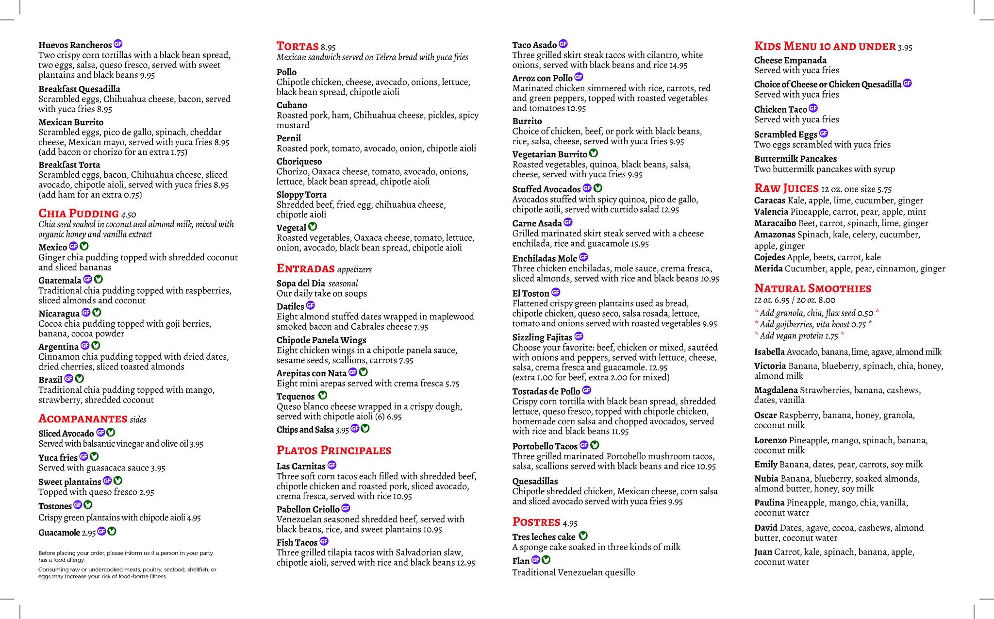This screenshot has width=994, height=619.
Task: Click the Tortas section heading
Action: point(298,46)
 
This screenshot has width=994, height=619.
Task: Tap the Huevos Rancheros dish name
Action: point(75,45)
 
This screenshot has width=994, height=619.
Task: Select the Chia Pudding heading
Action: point(79,214)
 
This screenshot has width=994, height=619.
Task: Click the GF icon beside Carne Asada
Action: point(568,222)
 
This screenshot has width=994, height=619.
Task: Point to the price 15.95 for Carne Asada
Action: point(640,244)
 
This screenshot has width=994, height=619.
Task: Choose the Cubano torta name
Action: point(292,105)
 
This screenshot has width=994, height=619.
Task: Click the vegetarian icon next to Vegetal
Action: point(313,227)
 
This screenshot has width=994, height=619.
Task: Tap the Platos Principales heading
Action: point(334,450)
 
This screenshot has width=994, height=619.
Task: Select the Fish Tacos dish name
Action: point(297,542)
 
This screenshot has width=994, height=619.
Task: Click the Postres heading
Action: point(536,522)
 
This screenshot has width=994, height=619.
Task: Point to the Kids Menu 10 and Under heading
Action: point(825,46)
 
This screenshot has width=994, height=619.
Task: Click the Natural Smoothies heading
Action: point(813,288)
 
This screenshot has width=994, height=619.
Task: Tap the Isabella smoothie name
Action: point(769,352)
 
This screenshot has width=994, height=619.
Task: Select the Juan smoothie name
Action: point(763,552)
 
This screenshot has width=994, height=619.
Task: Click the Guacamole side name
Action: point(59,533)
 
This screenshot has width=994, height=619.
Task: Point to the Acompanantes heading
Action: point(83,418)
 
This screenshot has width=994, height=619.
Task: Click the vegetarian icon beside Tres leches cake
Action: point(583,536)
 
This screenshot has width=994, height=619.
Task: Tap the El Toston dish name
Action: point(530,293)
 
